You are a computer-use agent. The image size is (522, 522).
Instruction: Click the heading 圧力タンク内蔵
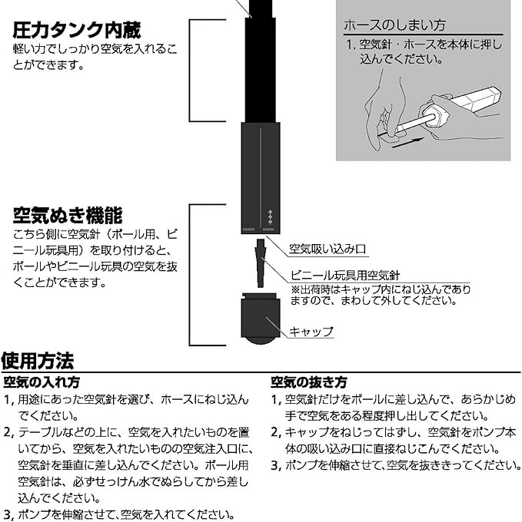click(77, 31)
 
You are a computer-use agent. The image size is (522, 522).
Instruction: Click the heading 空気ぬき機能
click(68, 214)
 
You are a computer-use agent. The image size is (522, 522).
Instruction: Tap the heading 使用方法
click(38, 360)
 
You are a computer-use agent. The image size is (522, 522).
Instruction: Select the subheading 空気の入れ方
click(42, 382)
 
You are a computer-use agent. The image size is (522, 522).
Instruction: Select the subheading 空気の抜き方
click(308, 382)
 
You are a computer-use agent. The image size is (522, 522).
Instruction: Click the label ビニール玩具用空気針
click(344, 276)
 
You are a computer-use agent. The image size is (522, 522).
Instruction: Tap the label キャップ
click(311, 332)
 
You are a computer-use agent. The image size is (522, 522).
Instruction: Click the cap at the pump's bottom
click(261, 318)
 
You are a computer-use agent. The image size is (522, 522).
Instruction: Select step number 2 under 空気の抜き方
click(275, 432)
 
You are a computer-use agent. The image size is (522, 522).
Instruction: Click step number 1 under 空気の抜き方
click(275, 399)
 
